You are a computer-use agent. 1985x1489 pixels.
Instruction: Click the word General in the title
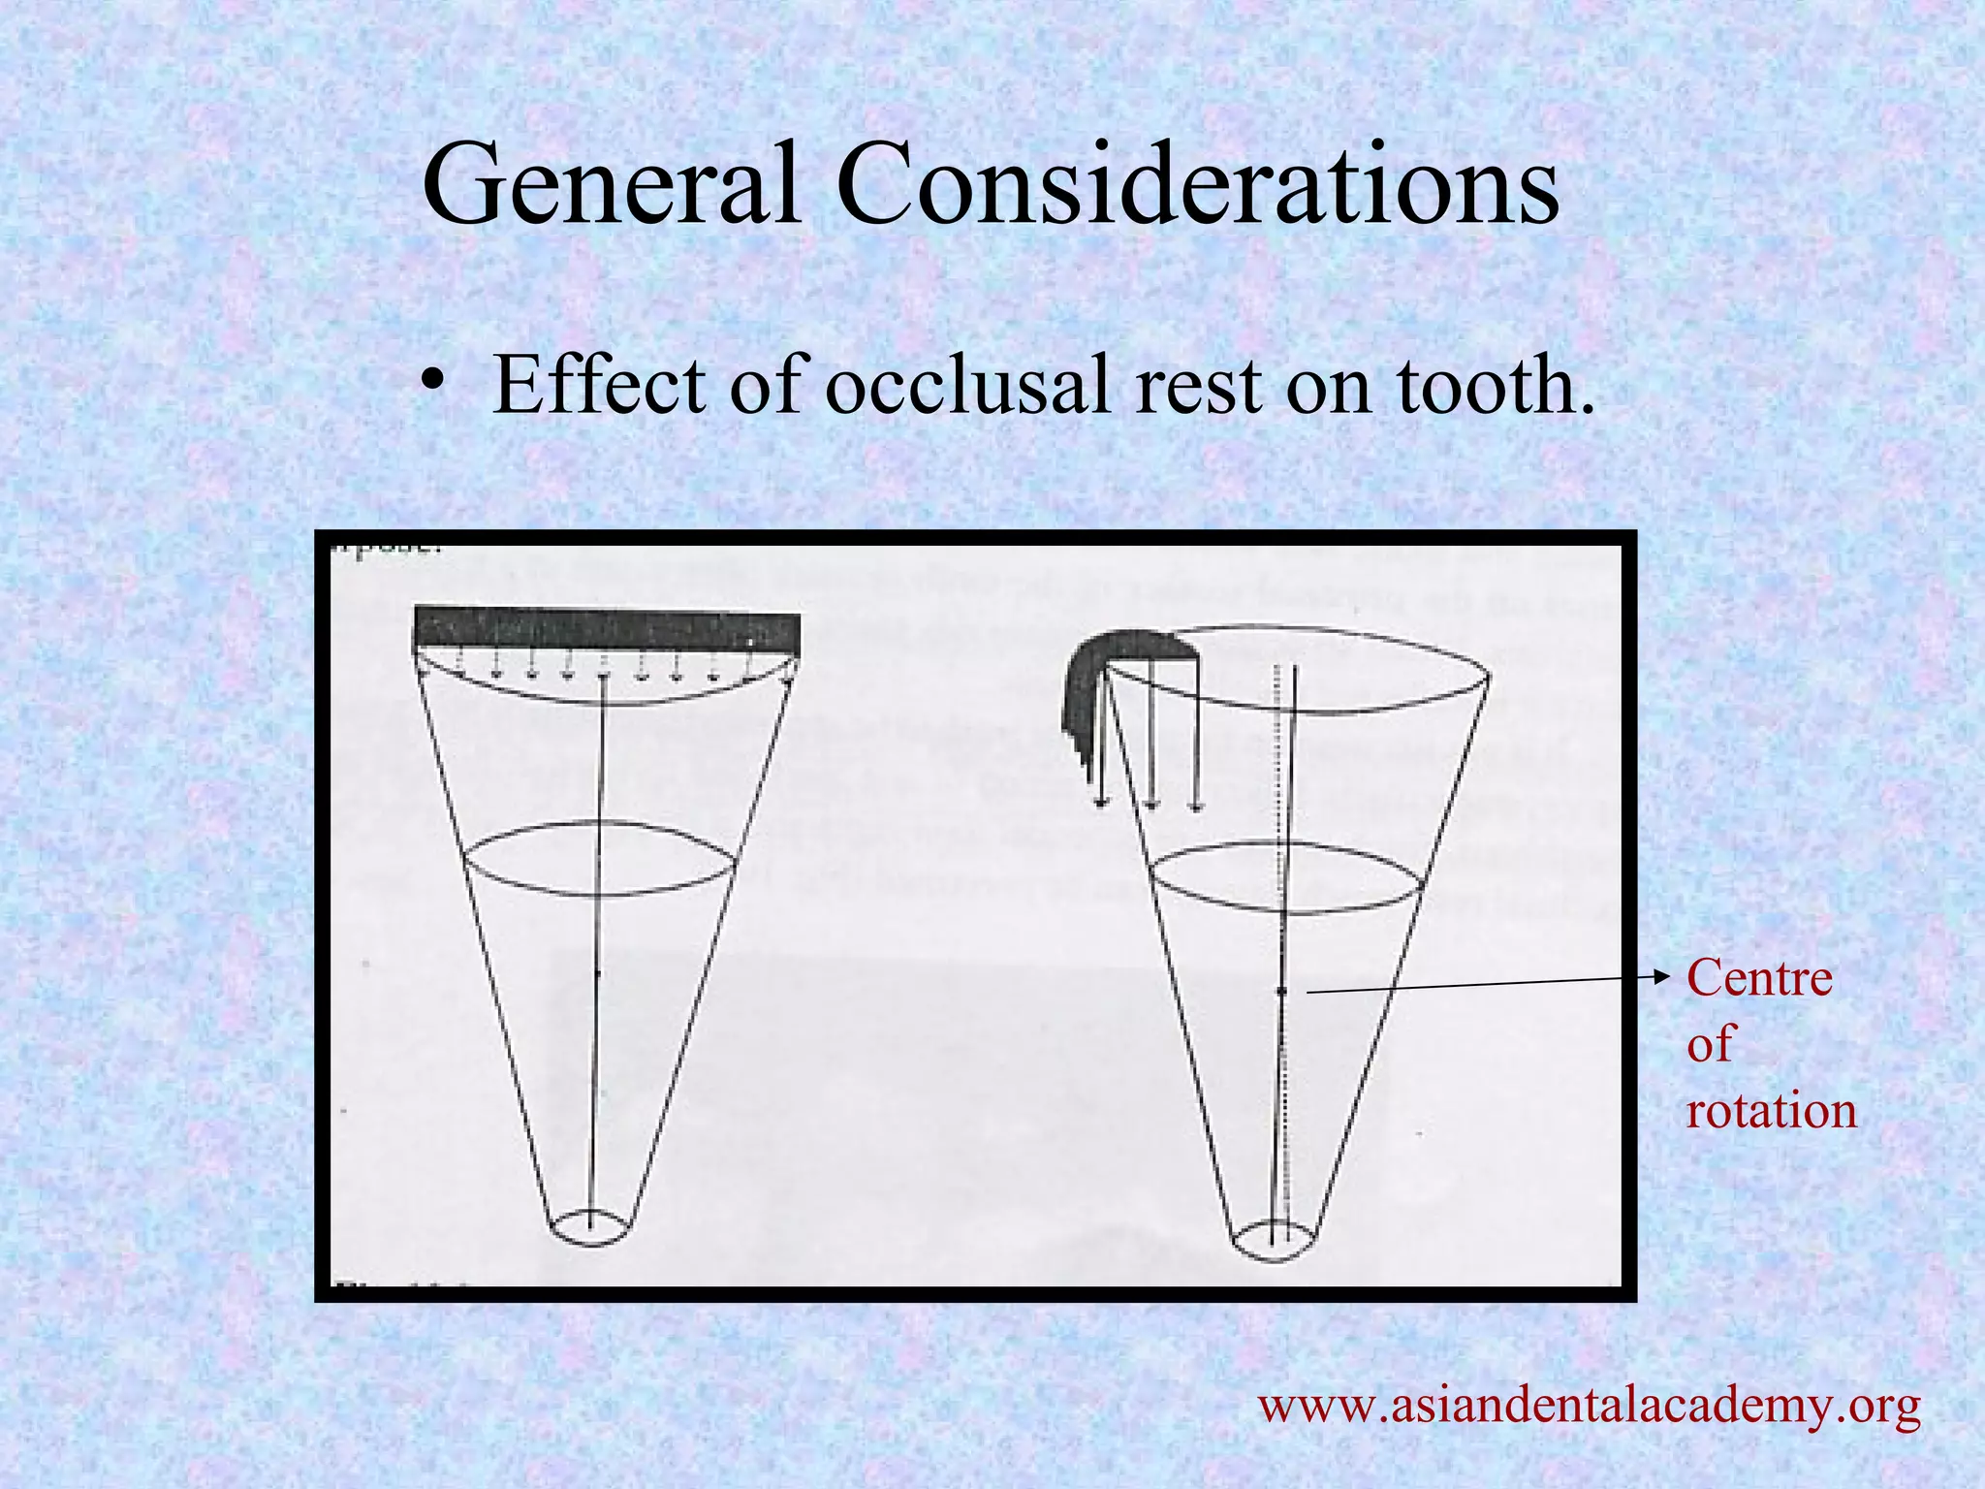pyautogui.click(x=611, y=184)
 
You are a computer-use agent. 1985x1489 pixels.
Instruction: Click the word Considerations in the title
pyautogui.click(x=1198, y=184)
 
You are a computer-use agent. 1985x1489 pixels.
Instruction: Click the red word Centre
pyautogui.click(x=1759, y=978)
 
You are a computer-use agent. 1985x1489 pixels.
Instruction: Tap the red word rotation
pyautogui.click(x=1771, y=1110)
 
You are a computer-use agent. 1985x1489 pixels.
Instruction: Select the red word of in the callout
pyautogui.click(x=1710, y=1044)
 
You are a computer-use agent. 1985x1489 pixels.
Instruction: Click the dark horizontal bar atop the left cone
pyautogui.click(x=607, y=630)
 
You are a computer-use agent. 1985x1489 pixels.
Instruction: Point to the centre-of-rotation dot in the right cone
pyautogui.click(x=1280, y=991)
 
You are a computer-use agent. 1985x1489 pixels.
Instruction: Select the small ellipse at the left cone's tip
pyautogui.click(x=590, y=1227)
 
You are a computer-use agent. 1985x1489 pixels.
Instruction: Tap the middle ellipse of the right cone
pyautogui.click(x=1285, y=878)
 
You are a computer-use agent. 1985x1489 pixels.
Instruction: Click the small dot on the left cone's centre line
pyautogui.click(x=596, y=972)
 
